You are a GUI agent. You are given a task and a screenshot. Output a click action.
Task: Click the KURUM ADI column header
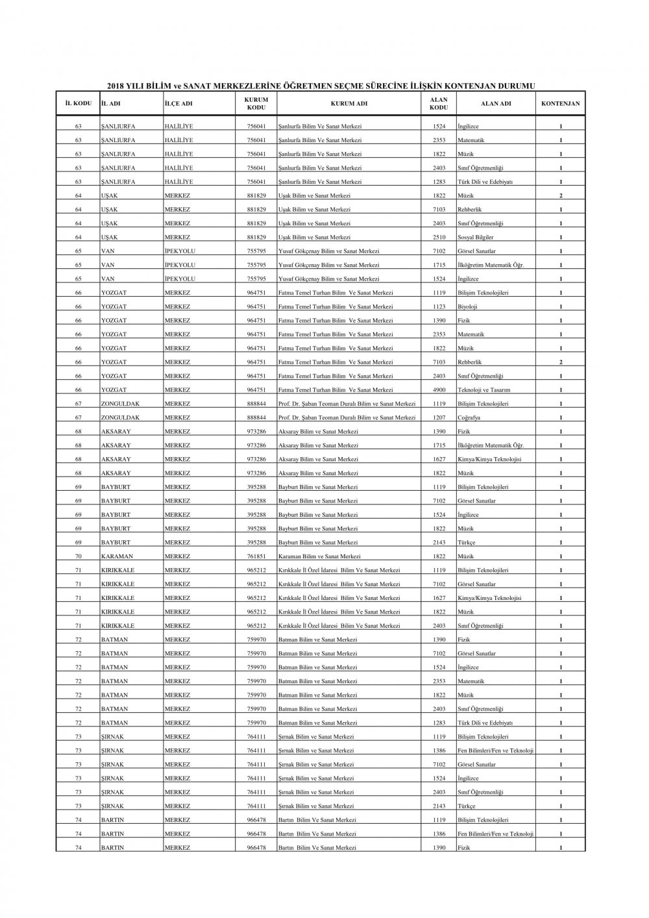(349, 104)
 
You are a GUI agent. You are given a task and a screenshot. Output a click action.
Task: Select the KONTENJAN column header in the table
(560, 104)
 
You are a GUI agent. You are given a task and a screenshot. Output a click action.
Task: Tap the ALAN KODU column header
(439, 104)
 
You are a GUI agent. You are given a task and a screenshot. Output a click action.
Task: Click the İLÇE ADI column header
(178, 104)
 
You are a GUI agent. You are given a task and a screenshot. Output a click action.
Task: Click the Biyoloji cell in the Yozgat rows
(467, 307)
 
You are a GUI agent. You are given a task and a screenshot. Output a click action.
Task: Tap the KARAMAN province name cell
(117, 556)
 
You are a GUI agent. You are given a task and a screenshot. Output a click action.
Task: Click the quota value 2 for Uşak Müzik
(561, 196)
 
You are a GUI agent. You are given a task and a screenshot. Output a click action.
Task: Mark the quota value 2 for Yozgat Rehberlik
(561, 362)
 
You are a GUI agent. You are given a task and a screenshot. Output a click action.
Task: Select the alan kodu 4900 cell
(439, 390)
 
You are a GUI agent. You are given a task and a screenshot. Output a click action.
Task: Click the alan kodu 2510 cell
(439, 238)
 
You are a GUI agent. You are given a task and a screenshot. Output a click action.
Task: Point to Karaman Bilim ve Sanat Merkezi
(319, 556)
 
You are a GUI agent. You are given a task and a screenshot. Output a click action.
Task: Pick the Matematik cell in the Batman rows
(471, 682)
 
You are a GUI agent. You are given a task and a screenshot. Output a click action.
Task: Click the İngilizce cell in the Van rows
(468, 279)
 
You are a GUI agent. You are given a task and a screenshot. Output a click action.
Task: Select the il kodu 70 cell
(78, 556)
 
